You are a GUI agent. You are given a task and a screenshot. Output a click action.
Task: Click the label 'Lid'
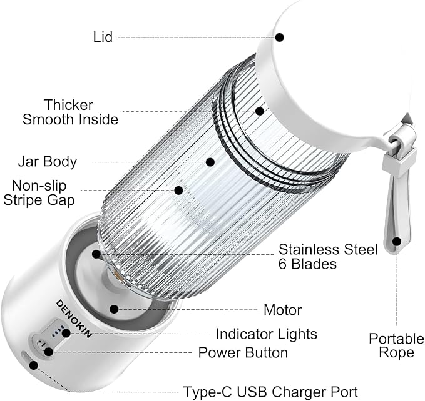point(102,37)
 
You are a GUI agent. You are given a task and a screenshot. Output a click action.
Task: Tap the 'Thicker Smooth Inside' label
point(69,112)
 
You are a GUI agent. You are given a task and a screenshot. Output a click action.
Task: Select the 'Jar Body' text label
point(47,162)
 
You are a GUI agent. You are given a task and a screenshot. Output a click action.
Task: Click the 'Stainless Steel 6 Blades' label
point(327,257)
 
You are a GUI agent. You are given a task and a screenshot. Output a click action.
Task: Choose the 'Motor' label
point(283,310)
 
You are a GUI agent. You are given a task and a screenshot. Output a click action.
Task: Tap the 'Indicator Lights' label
point(267,334)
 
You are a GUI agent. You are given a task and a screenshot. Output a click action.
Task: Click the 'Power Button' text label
point(243,352)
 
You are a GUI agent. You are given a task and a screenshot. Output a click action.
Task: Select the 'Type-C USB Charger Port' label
point(270,392)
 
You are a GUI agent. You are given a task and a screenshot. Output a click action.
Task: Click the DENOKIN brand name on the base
point(74,318)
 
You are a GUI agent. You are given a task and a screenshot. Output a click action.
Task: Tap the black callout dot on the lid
point(279,37)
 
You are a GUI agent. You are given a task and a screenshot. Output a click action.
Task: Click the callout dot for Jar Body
point(210,162)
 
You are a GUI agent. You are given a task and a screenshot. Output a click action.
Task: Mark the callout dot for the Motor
point(114,309)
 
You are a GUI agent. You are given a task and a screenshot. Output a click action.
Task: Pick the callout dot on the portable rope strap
point(397,240)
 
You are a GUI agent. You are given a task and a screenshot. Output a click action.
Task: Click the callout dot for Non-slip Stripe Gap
point(178,190)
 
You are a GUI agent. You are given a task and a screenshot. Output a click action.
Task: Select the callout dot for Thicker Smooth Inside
point(259,111)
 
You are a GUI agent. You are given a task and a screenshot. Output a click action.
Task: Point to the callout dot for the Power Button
point(48,351)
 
